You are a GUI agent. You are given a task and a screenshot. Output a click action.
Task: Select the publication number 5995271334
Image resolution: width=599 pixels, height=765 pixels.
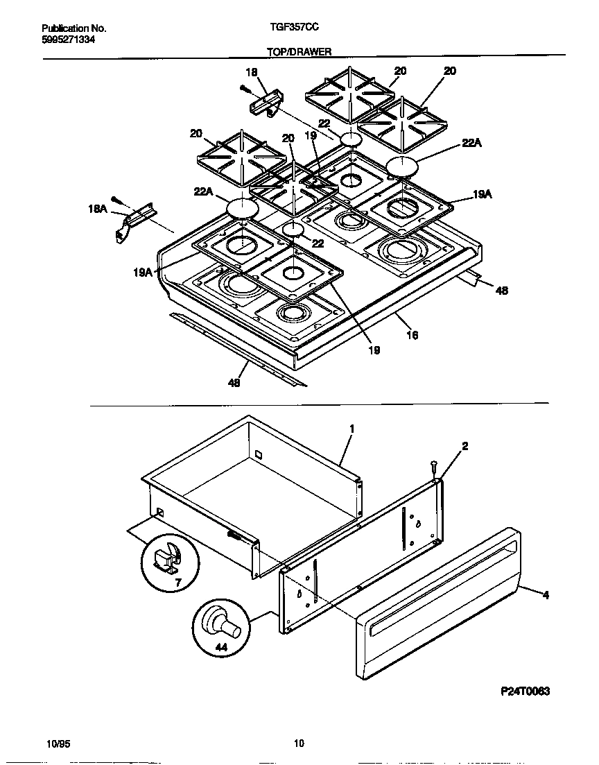coord(69,40)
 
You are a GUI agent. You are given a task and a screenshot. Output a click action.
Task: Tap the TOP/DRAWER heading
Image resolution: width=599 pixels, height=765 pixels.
coord(299,51)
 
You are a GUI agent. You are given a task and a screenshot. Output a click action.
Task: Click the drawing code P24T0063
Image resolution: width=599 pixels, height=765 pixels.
coord(525,691)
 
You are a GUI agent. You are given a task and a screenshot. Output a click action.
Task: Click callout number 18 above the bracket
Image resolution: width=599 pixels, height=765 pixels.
coord(251,71)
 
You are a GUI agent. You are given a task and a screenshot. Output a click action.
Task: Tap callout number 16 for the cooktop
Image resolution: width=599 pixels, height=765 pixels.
coord(412,335)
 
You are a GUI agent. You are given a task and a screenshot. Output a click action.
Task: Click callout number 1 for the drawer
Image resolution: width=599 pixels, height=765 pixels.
coord(351,429)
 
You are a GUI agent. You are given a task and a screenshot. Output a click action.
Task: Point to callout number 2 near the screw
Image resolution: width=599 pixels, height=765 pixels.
coord(465,446)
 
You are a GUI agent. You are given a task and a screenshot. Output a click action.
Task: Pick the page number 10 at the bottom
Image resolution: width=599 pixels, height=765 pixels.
coord(299,744)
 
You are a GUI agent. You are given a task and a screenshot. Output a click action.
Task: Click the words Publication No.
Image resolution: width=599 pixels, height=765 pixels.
coord(73,28)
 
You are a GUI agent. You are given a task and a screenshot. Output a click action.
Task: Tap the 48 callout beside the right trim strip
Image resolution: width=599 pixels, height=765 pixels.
coord(501,291)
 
